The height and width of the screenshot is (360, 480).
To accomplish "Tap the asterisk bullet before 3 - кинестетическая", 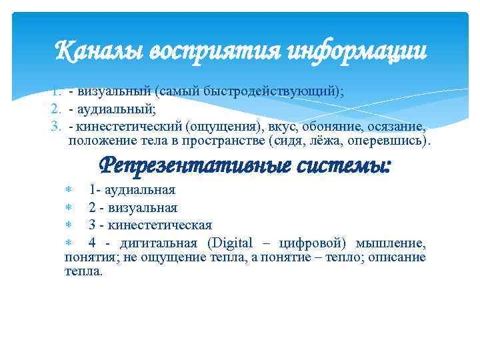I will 68,225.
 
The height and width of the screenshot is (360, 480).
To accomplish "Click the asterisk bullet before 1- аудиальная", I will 68,191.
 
